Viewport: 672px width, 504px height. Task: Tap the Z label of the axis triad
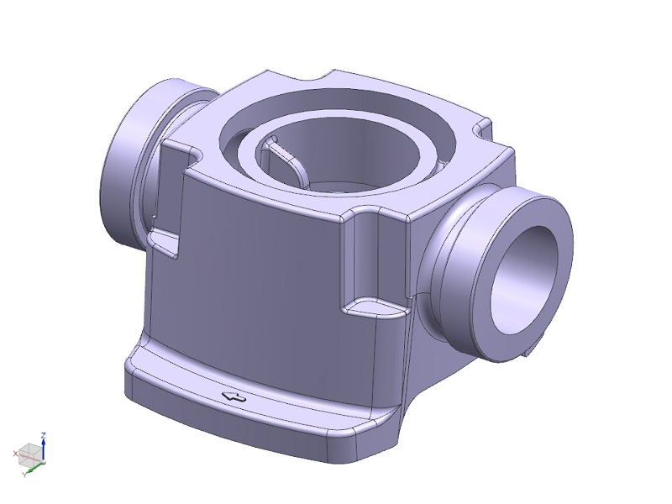(x=43, y=435)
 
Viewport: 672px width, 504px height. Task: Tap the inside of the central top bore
(x=315, y=159)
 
